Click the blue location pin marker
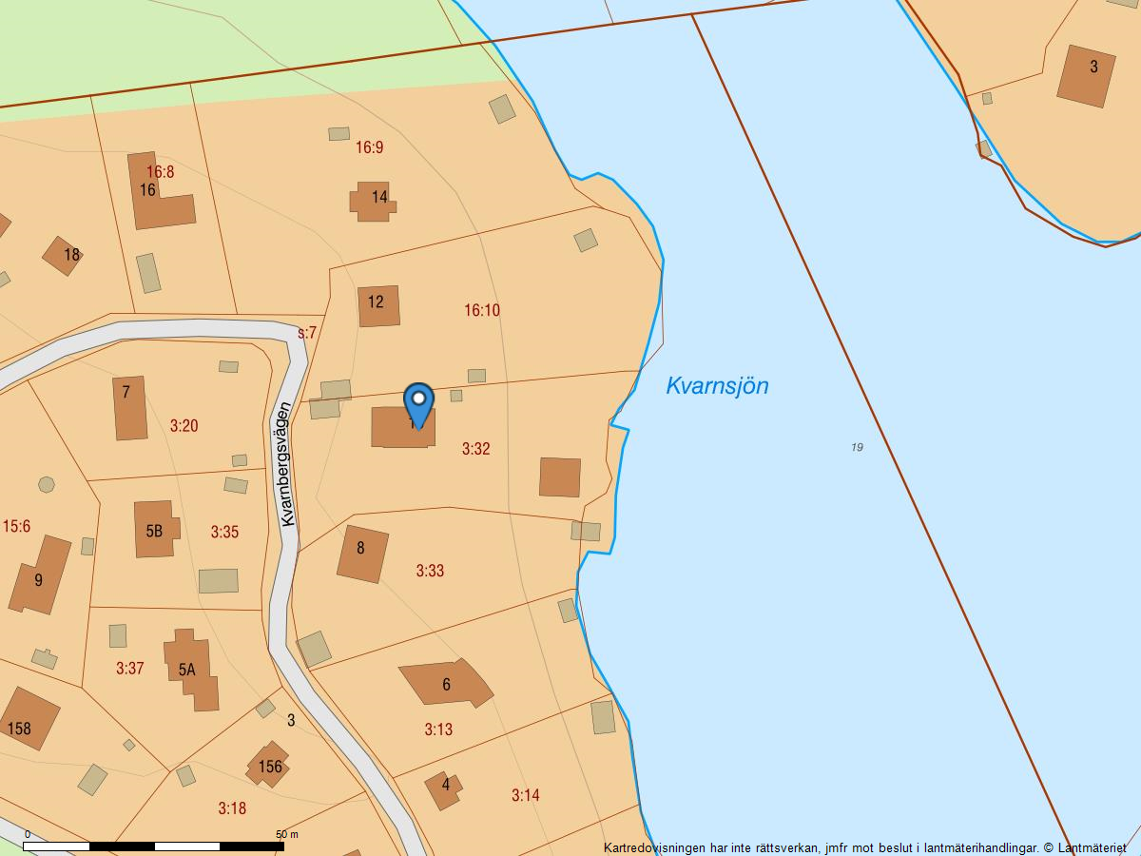(x=418, y=402)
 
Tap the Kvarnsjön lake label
(x=717, y=385)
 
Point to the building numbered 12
(x=378, y=305)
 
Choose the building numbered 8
(x=362, y=553)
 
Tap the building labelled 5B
(x=155, y=530)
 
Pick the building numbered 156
(x=268, y=765)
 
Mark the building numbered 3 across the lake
(x=1086, y=74)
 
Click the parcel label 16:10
(x=482, y=310)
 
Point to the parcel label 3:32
(x=475, y=448)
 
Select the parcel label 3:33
(x=430, y=571)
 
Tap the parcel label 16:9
(x=369, y=147)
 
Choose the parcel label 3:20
(x=184, y=425)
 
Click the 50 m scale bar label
(x=287, y=834)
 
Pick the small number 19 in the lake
(x=857, y=447)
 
